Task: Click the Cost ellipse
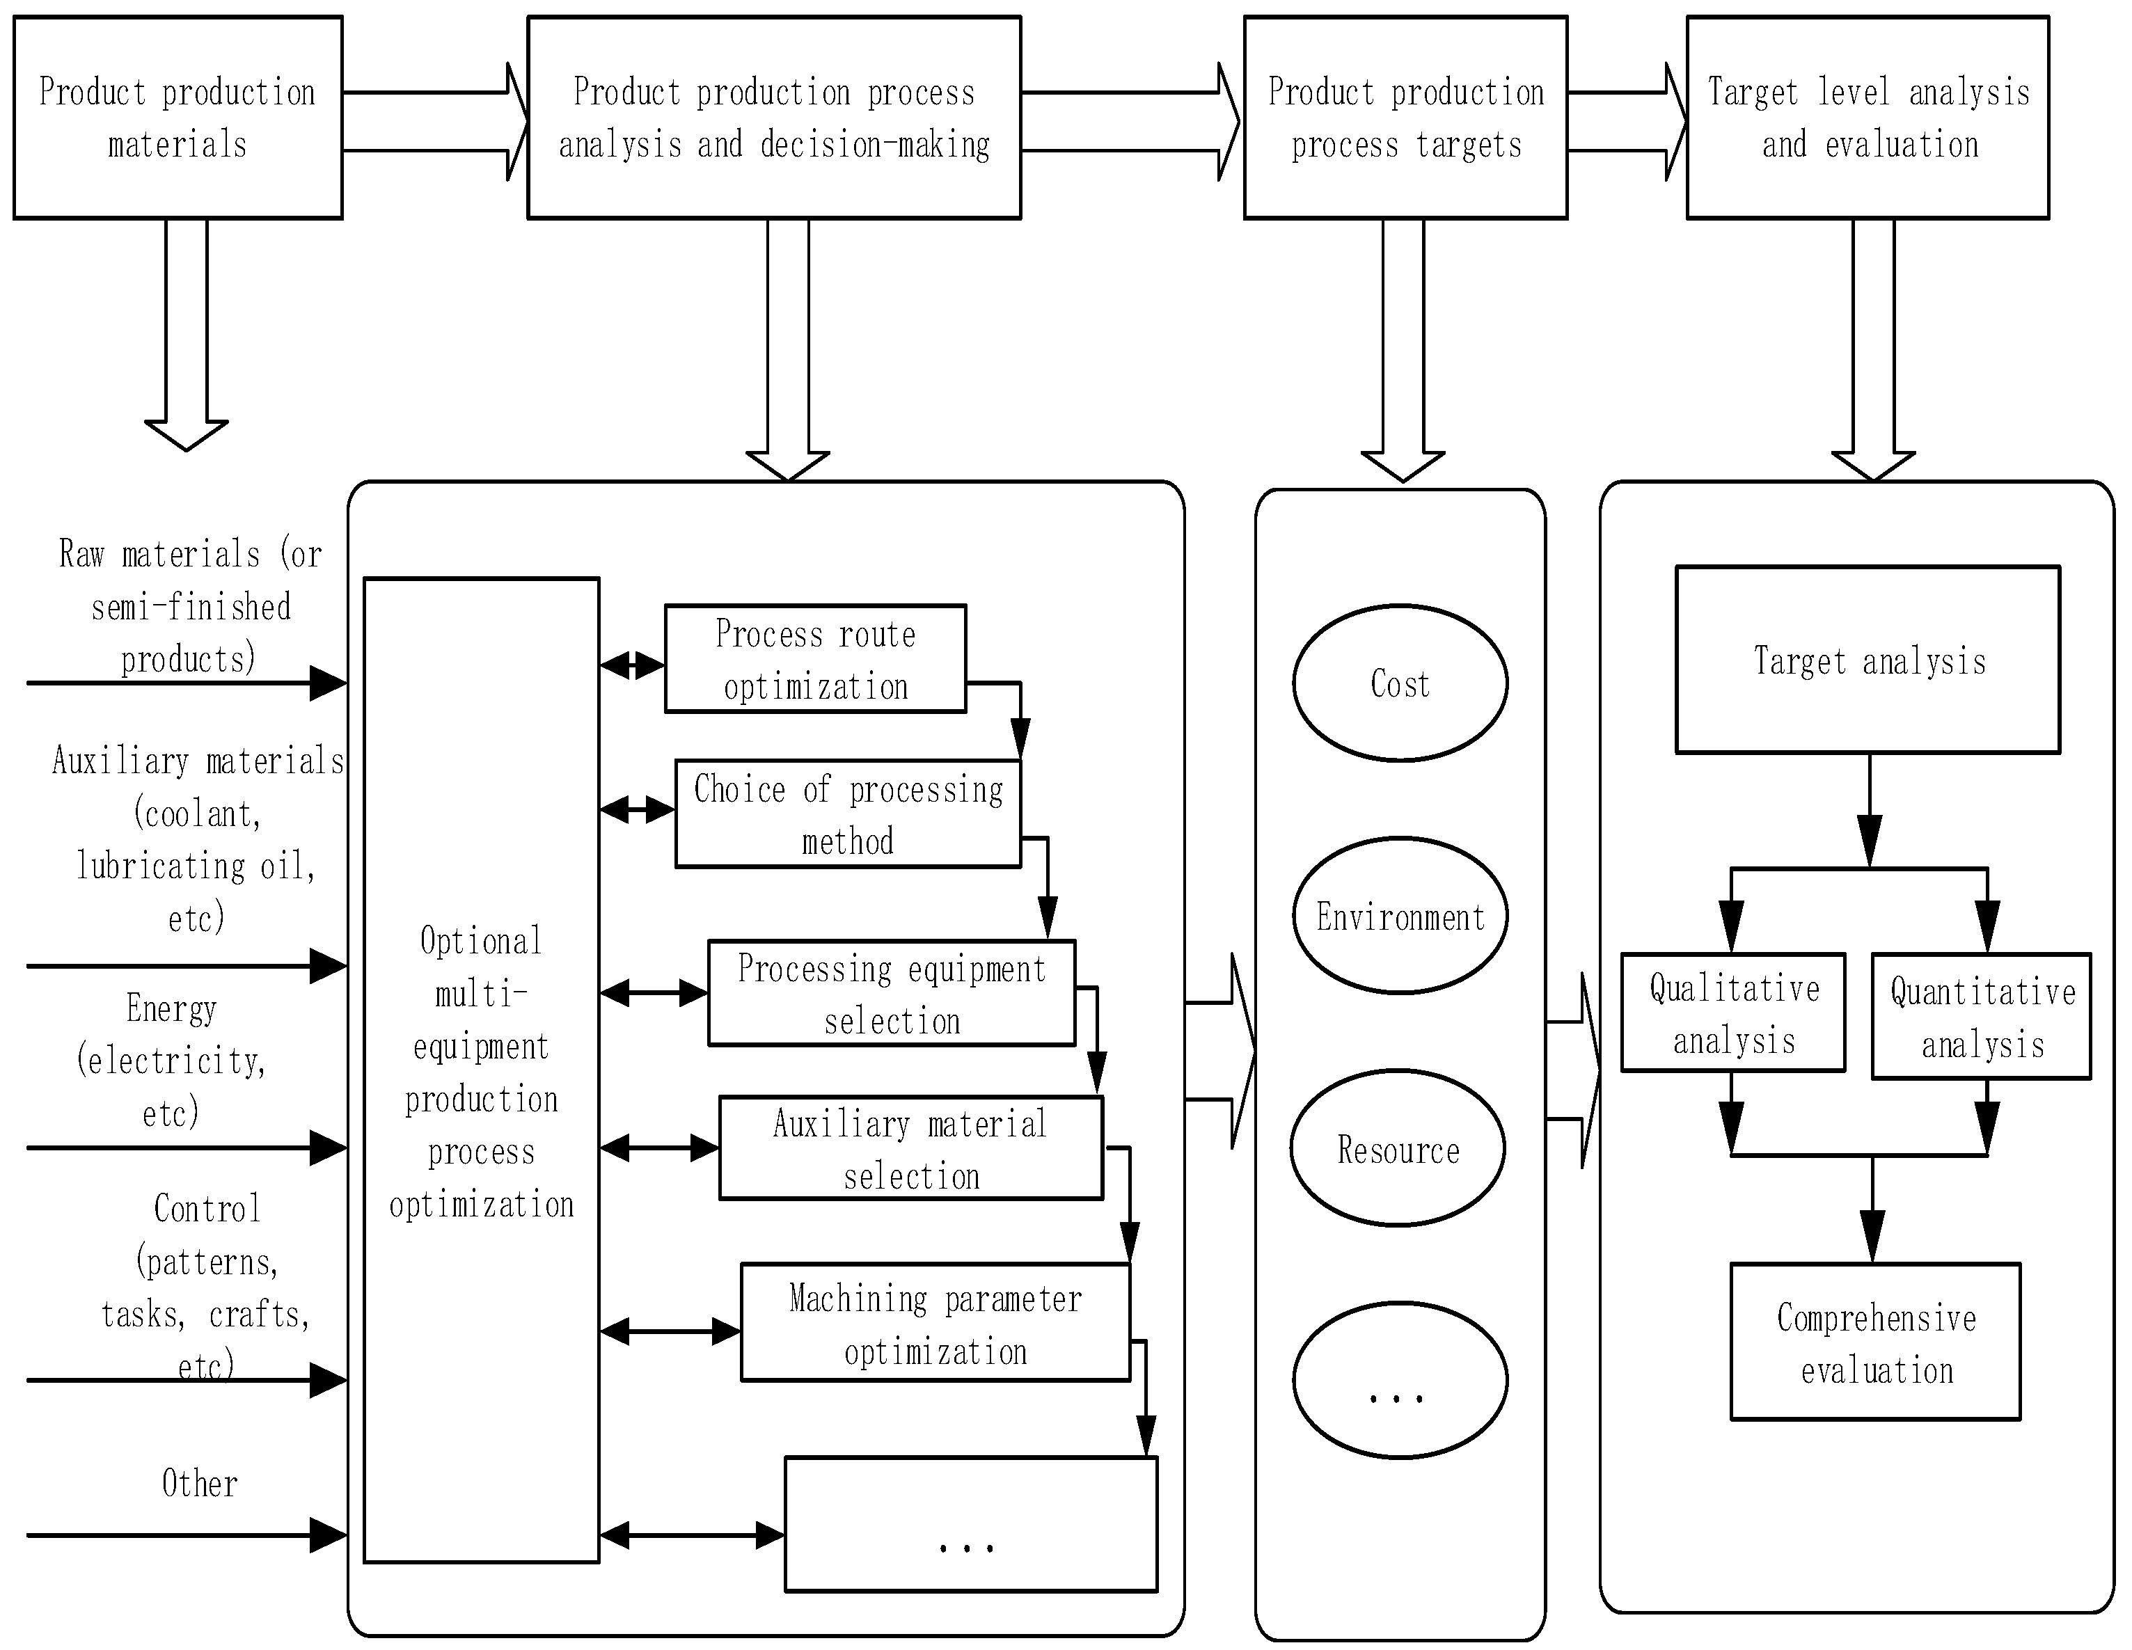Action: tap(1400, 683)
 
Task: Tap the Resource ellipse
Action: tap(1398, 1148)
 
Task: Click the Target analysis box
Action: tap(1868, 660)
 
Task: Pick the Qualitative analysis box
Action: tap(1732, 1013)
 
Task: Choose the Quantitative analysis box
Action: tap(1981, 1017)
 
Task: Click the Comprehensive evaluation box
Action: tap(1875, 1342)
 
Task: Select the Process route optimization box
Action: tap(815, 658)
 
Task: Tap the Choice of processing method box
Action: tap(847, 814)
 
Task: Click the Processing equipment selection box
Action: tap(891, 993)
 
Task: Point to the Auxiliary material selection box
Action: tap(911, 1148)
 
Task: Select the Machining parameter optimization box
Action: tap(935, 1323)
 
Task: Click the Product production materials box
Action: tap(177, 117)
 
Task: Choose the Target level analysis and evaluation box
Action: tap(1868, 117)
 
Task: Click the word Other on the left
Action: tap(199, 1483)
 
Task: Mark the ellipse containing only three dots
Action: tap(1400, 1381)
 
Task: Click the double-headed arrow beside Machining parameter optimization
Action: tap(670, 1331)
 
